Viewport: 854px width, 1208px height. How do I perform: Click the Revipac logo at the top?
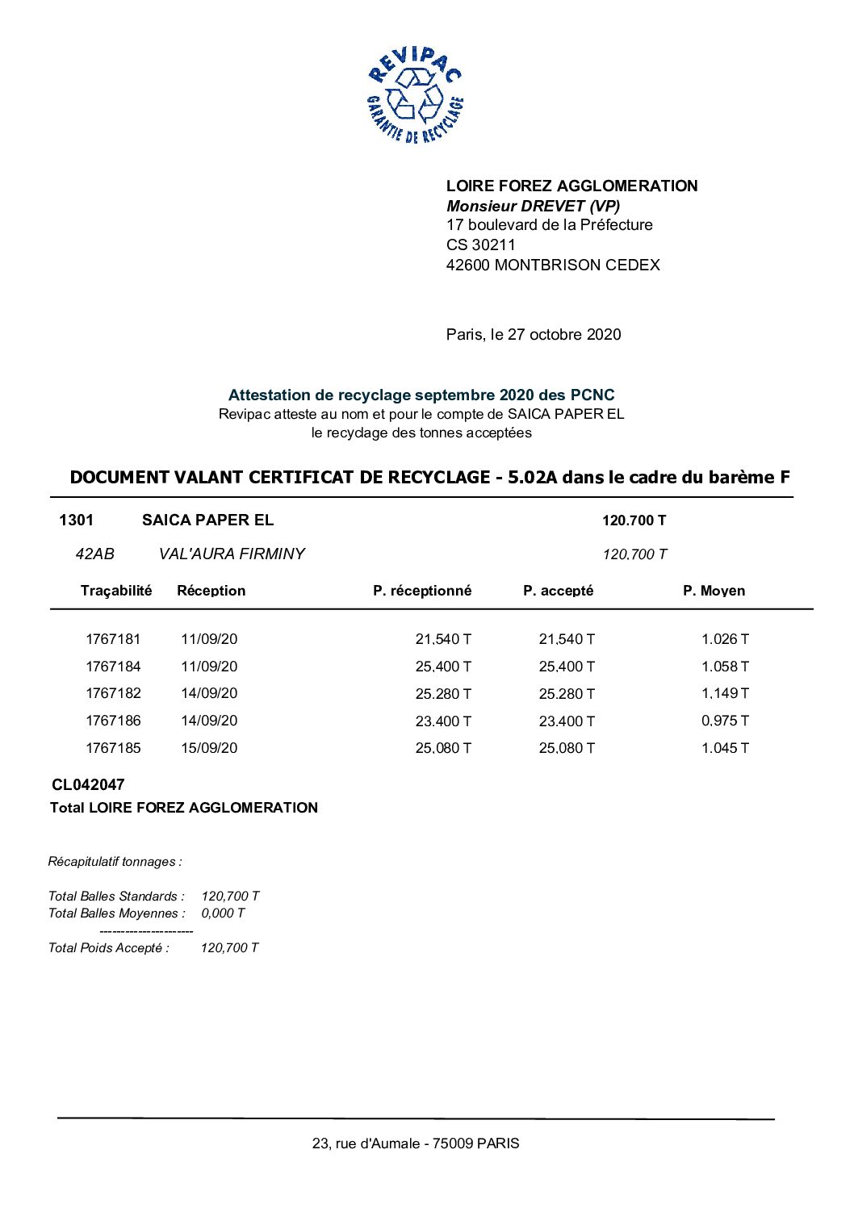tap(415, 95)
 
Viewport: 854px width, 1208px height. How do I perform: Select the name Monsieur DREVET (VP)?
tap(533, 206)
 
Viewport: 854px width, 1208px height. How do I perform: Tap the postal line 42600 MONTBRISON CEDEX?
tap(553, 265)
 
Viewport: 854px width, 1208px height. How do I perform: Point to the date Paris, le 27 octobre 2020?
tap(534, 334)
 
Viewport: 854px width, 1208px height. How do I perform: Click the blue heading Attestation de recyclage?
tap(421, 395)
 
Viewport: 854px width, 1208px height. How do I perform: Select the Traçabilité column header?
tap(116, 591)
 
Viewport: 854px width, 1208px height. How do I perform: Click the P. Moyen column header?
tap(714, 591)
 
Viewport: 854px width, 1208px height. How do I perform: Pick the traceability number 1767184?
tap(113, 667)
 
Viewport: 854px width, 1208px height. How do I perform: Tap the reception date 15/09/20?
tap(209, 748)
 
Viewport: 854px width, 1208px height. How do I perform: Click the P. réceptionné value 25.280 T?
tap(443, 694)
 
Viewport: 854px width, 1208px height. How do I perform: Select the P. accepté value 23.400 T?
tap(567, 721)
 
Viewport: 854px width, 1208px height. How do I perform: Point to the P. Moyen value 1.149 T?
tap(725, 693)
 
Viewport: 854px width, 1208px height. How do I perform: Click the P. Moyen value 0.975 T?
tap(725, 721)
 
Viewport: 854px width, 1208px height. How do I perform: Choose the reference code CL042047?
tap(88, 784)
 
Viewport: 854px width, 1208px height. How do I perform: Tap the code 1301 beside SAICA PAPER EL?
tap(77, 520)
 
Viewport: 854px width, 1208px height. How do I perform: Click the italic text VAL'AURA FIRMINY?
tap(232, 554)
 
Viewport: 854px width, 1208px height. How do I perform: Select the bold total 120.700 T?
tap(634, 520)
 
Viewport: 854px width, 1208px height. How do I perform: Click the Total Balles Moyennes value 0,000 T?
tap(223, 913)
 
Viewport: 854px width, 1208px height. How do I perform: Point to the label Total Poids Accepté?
tap(109, 948)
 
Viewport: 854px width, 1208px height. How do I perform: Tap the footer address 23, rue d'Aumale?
tap(416, 1143)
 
